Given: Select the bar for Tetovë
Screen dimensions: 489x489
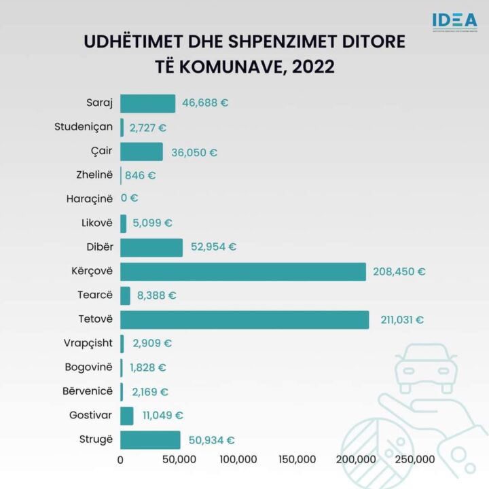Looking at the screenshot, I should coord(244,320).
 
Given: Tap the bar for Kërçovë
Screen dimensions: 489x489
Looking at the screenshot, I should coord(243,272).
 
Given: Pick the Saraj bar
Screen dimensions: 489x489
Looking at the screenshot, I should coord(147,103).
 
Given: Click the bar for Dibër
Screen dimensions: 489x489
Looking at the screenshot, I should coord(151,247).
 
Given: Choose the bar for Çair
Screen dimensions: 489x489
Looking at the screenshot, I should coord(141,151).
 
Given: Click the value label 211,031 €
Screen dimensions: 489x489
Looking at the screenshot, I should coord(400,320).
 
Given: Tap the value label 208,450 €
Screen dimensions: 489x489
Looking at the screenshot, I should coord(399,272).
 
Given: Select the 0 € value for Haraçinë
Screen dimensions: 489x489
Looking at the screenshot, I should coord(130,199).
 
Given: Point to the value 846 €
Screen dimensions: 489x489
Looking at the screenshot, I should coord(140,175).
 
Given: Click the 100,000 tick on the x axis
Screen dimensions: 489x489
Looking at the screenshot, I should coord(238,460).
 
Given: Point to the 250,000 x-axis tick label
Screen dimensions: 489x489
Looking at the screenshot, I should coord(415,460).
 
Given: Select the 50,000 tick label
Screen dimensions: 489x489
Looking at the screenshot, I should coord(179,460).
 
